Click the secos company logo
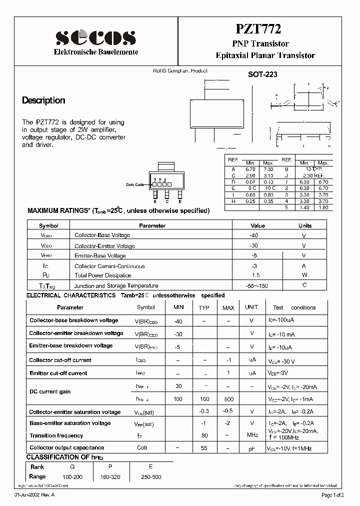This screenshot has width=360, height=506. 95,37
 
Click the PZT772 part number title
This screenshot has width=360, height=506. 265,30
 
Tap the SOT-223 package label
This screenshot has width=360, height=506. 262,74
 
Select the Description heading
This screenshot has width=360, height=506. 43,100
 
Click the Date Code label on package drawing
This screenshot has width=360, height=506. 135,184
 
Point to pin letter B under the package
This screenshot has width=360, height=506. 155,201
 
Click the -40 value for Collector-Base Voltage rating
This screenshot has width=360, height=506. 254,235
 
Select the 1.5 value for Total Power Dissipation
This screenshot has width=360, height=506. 255,275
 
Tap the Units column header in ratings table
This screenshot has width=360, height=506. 304,225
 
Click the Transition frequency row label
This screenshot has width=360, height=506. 49,436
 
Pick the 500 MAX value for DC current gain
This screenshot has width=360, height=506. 228,399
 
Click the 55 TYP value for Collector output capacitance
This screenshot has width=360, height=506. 204,448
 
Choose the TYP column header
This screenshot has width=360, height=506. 204,308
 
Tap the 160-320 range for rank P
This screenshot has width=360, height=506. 110,477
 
